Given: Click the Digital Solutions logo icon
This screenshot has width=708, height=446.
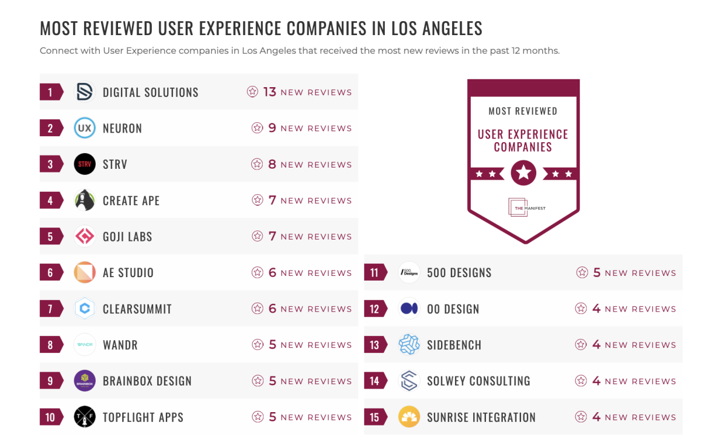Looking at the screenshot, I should click(85, 92).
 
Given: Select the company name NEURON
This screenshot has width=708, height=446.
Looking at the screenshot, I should click(122, 128).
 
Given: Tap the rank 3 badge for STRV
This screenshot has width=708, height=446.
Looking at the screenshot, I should click(51, 164).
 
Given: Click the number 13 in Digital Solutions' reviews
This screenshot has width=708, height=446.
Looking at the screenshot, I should click(269, 92).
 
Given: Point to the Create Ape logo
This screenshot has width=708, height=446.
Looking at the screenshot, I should click(85, 200).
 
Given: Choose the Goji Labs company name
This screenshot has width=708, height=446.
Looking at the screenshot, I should click(127, 237).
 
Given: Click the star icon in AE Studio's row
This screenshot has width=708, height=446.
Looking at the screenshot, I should click(258, 272).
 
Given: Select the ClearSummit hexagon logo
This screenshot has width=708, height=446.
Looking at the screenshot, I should click(85, 309).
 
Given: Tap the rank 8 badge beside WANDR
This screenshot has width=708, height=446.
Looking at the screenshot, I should click(51, 345).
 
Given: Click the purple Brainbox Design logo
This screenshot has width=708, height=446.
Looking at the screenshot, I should click(85, 381).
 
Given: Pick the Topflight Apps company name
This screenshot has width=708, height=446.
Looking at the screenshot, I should click(143, 417).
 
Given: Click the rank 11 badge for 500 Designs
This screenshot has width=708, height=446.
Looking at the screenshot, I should click(375, 272).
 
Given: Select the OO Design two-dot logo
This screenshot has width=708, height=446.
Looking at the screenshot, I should click(409, 309).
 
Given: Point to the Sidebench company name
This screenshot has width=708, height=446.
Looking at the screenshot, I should click(454, 345).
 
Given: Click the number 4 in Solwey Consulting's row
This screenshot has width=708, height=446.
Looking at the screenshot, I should click(596, 381).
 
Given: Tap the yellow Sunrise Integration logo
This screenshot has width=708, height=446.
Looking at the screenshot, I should click(409, 417).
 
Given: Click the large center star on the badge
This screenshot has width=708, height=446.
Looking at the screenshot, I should click(523, 174).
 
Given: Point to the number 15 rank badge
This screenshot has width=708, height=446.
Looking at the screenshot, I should click(375, 417).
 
